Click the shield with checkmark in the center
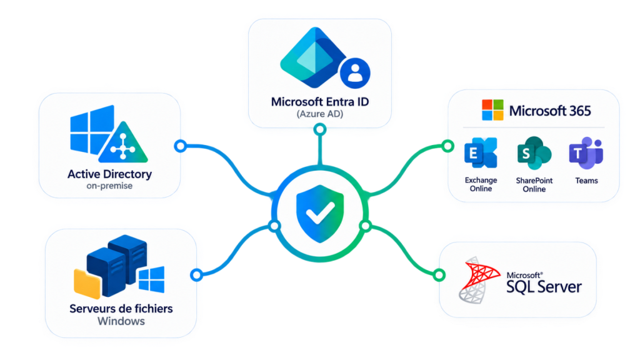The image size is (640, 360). [x=320, y=214]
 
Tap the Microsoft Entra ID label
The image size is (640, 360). [x=320, y=102]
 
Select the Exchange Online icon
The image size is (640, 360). [x=481, y=153]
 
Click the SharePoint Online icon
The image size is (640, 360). [x=534, y=153]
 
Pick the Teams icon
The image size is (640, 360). [x=586, y=153]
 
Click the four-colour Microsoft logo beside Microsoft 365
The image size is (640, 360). [x=492, y=110]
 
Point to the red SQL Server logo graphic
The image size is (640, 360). [x=478, y=280]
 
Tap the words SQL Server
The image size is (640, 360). [x=544, y=287]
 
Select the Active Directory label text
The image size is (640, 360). [x=109, y=174]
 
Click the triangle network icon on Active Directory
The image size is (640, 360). [x=123, y=143]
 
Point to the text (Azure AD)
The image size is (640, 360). [x=320, y=114]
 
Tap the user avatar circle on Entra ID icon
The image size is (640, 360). [x=355, y=73]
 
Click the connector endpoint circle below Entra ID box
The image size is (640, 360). [x=320, y=130]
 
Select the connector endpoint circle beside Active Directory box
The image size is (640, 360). [x=181, y=146]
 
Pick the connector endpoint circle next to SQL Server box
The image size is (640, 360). [x=439, y=275]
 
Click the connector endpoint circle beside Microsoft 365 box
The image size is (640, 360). [x=447, y=146]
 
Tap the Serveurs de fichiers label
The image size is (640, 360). [x=121, y=309]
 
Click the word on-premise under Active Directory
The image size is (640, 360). [x=109, y=186]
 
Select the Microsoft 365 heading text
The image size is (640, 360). [x=550, y=111]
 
